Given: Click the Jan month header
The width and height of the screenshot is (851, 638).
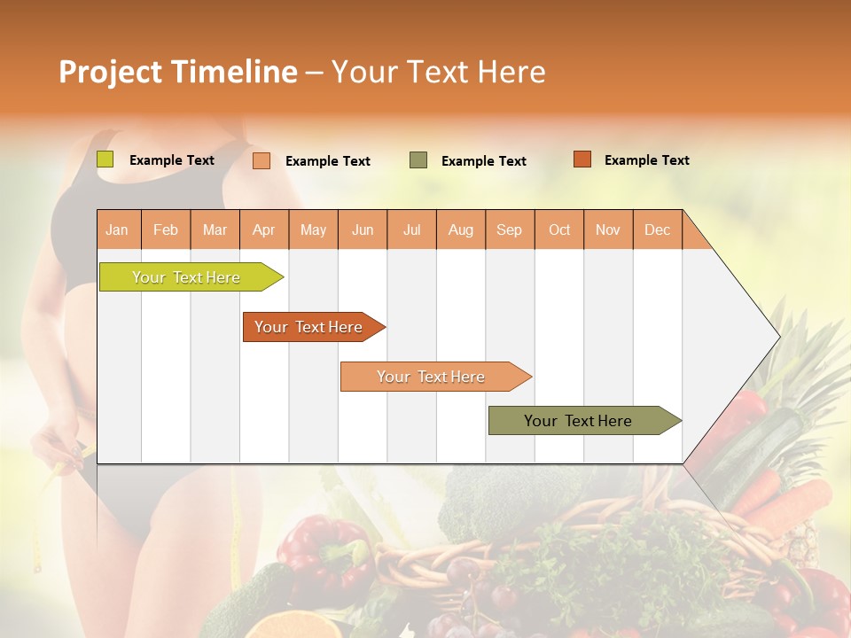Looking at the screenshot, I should [117, 230].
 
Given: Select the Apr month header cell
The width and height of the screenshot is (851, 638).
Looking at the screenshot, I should [263, 230].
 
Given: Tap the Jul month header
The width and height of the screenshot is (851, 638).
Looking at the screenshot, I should [411, 230].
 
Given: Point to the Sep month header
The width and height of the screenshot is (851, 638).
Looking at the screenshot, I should [509, 230].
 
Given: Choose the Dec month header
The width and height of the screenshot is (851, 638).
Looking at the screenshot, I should [657, 230].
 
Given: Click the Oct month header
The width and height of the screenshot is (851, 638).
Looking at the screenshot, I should [559, 230].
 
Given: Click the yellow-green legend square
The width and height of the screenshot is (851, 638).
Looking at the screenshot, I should [105, 159].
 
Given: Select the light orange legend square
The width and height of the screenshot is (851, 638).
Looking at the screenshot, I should [262, 160].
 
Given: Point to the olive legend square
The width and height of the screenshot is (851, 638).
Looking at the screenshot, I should [418, 159].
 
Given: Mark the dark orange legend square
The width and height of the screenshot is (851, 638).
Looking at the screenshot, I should [582, 159].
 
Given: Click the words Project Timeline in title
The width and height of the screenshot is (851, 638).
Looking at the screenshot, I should [177, 72].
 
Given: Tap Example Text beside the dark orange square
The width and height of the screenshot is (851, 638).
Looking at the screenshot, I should [646, 160].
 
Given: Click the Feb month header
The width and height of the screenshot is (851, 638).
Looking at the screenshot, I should [166, 230].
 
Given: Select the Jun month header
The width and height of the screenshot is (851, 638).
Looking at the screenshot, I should [363, 230].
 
